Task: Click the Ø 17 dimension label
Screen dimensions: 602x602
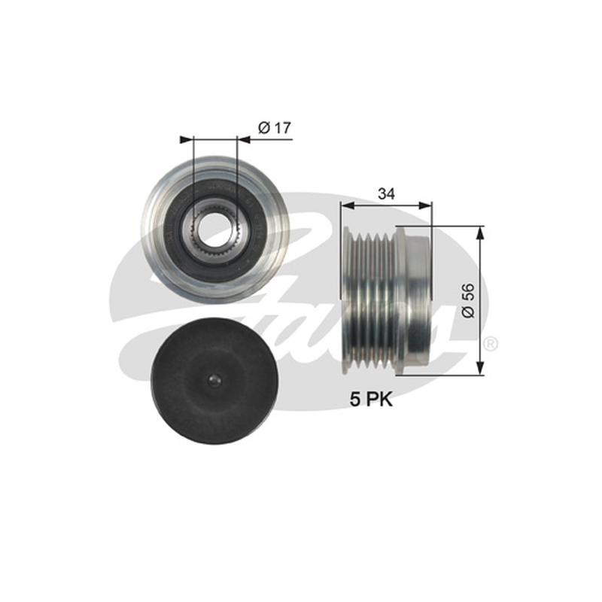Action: [275, 128]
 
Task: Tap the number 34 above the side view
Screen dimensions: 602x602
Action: [386, 194]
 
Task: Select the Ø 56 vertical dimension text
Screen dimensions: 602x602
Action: [469, 300]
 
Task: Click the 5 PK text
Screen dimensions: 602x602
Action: [371, 400]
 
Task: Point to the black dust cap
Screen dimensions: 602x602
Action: [214, 381]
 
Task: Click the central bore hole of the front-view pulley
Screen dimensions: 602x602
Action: [214, 230]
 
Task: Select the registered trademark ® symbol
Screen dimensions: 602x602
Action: [491, 344]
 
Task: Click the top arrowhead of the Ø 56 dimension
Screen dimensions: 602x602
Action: [479, 233]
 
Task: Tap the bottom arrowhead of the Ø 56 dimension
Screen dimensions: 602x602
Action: [479, 368]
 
